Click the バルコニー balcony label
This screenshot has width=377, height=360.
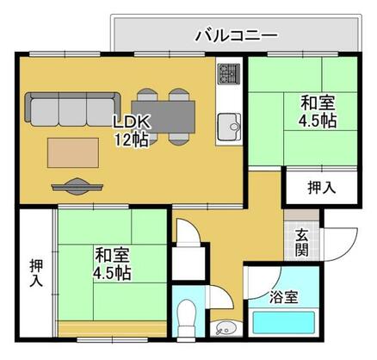coord(235,35)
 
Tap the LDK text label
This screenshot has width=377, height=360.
coord(130,121)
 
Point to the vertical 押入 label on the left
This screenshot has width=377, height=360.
coord(35,272)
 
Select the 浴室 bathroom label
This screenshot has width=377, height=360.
coord(283,297)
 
